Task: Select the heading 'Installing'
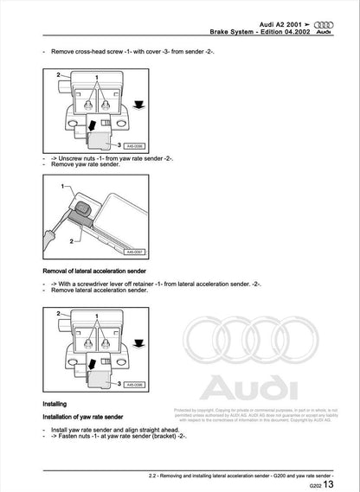[x=57, y=403]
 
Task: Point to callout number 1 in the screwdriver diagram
[x=61, y=187]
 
